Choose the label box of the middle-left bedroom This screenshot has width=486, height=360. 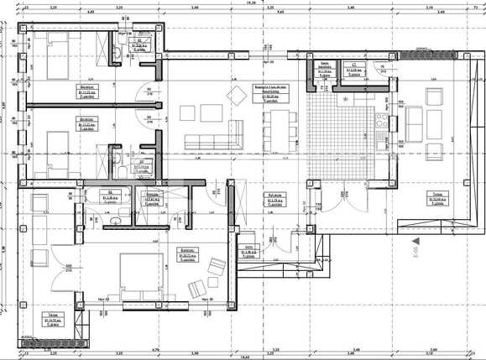(x=86, y=122)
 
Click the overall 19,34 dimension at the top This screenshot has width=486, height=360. (x=249, y=3)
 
